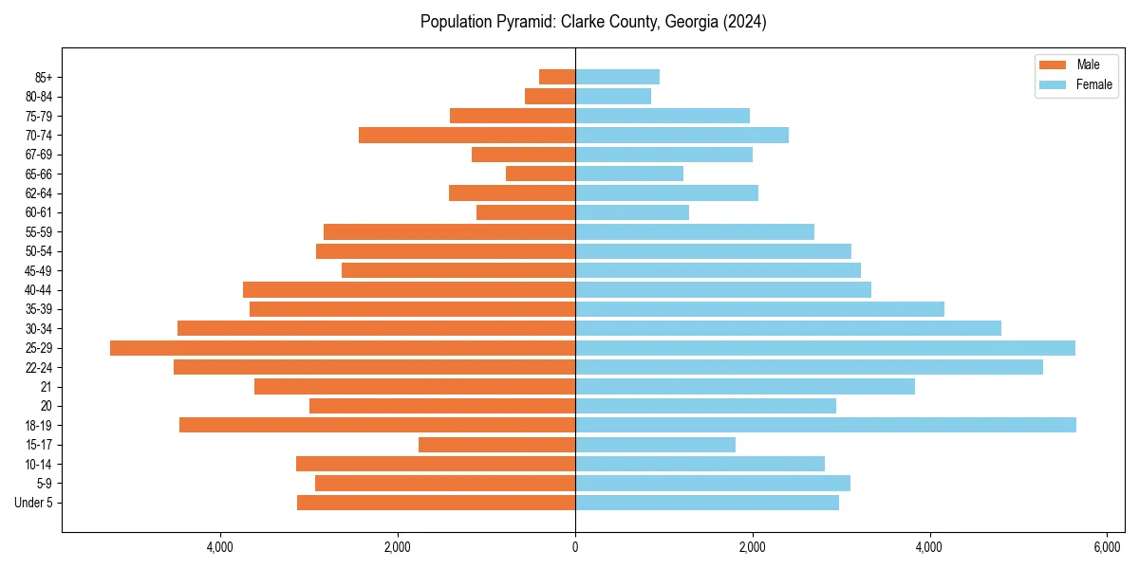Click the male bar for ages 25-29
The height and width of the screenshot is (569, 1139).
pyautogui.click(x=343, y=348)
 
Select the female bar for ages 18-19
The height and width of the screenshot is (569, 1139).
pyautogui.click(x=826, y=425)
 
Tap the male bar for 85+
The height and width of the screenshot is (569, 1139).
pyautogui.click(x=557, y=77)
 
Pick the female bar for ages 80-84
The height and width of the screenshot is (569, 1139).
pyautogui.click(x=613, y=96)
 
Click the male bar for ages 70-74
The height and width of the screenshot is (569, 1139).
pyautogui.click(x=467, y=135)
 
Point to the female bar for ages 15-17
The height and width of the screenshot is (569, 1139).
pyautogui.click(x=655, y=445)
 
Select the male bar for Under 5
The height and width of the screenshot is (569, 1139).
pyautogui.click(x=436, y=503)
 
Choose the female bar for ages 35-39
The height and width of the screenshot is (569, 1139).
pyautogui.click(x=759, y=309)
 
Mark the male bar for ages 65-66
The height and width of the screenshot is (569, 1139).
pyautogui.click(x=540, y=174)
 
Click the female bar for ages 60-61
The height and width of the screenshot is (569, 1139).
pyautogui.click(x=632, y=212)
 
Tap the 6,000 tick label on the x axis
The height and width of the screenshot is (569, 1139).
pyautogui.click(x=1107, y=547)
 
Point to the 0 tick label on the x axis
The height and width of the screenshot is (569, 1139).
pyautogui.click(x=575, y=547)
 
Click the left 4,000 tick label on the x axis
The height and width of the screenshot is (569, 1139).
pyautogui.click(x=220, y=547)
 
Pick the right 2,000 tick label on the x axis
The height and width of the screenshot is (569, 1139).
pyautogui.click(x=753, y=547)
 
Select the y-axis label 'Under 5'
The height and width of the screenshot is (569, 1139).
pyautogui.click(x=33, y=503)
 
